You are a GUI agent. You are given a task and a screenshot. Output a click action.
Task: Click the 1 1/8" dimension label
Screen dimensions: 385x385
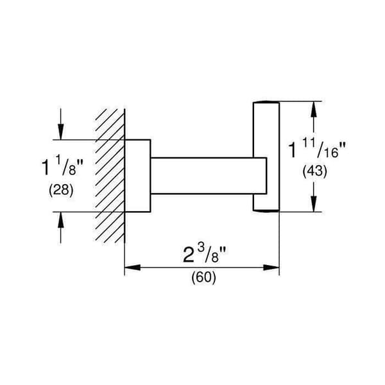(63, 167)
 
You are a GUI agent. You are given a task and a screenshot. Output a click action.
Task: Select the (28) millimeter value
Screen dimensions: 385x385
(61, 190)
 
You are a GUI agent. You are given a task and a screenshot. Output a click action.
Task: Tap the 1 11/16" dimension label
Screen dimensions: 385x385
(317, 148)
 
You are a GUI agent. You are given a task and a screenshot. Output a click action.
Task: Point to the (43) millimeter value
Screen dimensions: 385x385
(315, 171)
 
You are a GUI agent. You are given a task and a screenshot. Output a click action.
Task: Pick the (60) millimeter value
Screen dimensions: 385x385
(204, 277)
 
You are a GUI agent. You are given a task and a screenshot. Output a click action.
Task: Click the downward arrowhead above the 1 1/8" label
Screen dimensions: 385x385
(61, 132)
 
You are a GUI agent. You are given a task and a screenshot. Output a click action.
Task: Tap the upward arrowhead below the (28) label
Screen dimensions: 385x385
(61, 219)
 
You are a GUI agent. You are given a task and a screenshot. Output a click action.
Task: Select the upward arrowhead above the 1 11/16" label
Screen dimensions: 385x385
(314, 109)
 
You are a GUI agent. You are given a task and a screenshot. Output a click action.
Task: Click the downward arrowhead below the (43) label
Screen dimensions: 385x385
(314, 203)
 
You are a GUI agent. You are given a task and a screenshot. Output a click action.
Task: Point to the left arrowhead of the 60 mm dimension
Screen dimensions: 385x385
(133, 268)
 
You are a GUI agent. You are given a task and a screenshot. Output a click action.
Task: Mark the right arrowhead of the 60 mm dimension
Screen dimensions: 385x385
(271, 268)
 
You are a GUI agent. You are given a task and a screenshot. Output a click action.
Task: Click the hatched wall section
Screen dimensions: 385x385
(110, 176)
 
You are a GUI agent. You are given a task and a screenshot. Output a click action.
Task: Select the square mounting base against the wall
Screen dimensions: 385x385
(138, 176)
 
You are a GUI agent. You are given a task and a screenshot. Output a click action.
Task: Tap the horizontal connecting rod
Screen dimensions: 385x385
(209, 176)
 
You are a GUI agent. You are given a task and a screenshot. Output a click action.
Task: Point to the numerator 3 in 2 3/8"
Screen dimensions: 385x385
(201, 250)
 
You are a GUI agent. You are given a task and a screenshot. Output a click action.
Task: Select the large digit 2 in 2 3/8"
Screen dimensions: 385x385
(189, 255)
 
